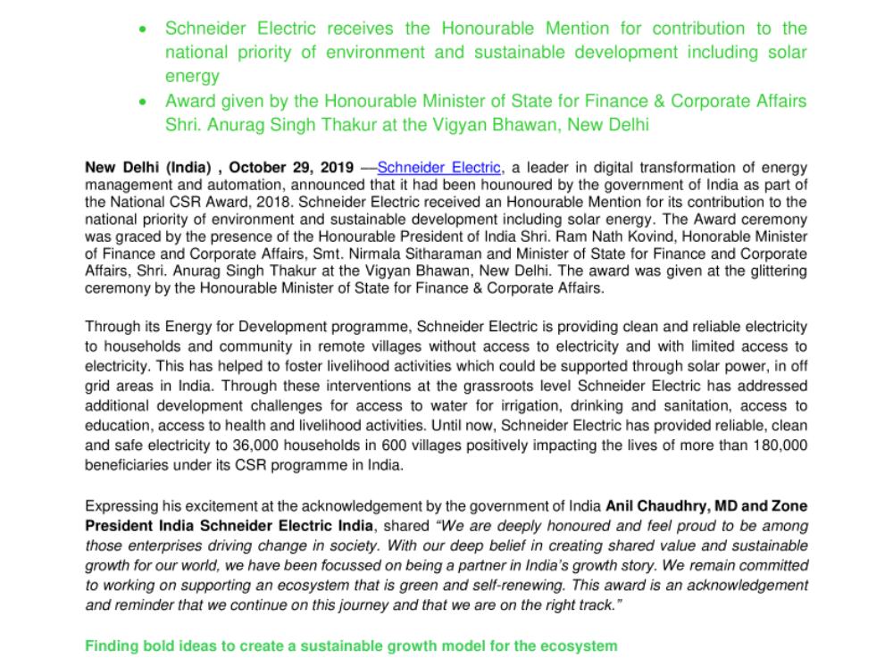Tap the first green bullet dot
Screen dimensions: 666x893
point(144,29)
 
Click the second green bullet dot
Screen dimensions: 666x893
point(144,102)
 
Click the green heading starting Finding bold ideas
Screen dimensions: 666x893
point(350,645)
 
